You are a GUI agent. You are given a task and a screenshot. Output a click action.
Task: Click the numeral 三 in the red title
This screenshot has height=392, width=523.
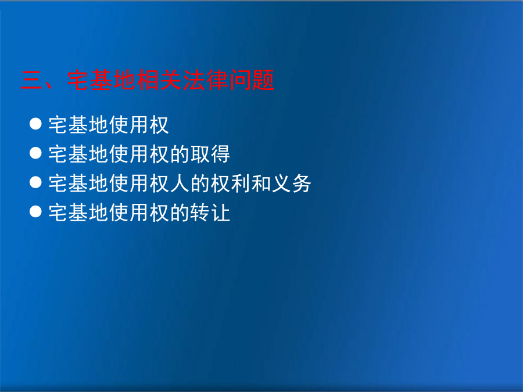point(31,80)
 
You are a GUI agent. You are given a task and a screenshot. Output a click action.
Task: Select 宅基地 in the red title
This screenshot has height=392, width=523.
point(102,80)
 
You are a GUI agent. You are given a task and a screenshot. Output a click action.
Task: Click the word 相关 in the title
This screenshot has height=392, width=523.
point(159,80)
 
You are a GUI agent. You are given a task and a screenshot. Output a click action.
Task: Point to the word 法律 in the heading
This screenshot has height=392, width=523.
point(206,80)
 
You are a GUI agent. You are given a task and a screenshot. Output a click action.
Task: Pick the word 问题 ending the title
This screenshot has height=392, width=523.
point(252,80)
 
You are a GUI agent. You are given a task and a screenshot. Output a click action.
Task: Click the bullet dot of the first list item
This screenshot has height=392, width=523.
point(35,124)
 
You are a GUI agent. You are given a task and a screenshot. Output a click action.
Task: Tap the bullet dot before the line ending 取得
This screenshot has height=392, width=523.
point(35,153)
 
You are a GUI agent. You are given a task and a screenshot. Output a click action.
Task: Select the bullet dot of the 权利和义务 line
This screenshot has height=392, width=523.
point(35,182)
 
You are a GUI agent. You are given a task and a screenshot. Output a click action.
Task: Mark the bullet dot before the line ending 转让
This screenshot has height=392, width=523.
point(35,211)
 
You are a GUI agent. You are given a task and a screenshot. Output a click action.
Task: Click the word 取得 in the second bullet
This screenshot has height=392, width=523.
point(210,154)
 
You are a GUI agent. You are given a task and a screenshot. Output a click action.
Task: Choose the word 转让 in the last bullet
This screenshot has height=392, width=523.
point(210,213)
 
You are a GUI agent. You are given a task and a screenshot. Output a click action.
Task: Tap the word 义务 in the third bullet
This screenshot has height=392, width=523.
point(292,184)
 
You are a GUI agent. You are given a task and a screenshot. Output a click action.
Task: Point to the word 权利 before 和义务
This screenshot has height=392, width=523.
point(231,184)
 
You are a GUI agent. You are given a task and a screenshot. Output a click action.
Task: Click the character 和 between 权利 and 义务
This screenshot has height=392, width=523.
point(261,184)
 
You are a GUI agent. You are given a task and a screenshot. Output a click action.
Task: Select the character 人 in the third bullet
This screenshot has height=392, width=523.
point(180,184)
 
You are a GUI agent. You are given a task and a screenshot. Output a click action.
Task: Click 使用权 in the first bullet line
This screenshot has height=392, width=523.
point(139,125)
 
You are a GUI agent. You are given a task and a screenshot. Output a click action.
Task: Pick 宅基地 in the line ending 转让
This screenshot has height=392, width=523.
point(78,213)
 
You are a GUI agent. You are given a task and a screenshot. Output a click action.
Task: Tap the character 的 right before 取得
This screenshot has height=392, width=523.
point(180,154)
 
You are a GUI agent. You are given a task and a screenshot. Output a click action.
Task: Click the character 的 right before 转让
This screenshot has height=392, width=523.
point(180,213)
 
